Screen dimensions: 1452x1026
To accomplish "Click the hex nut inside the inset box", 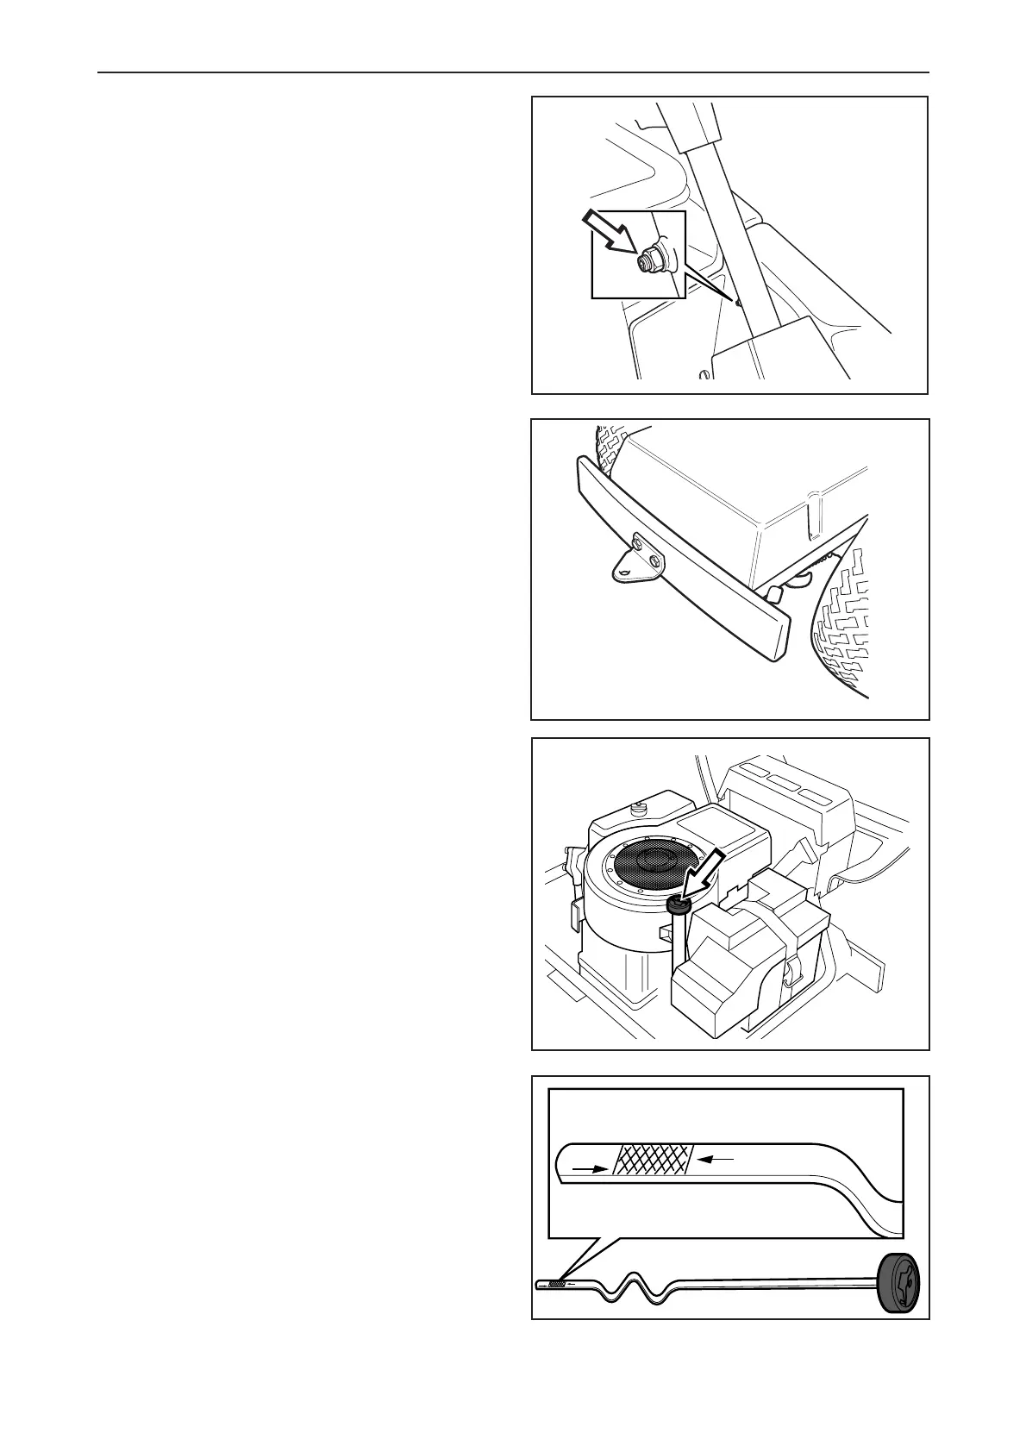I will (646, 260).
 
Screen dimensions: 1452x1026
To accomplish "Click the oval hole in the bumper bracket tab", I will (623, 572).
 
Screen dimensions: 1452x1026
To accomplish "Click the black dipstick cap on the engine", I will (678, 905).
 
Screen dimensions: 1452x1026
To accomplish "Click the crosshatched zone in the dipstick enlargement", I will (654, 1161).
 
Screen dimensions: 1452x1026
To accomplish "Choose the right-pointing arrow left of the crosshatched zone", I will (588, 1169).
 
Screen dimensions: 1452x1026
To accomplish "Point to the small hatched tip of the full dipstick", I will (557, 1284).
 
